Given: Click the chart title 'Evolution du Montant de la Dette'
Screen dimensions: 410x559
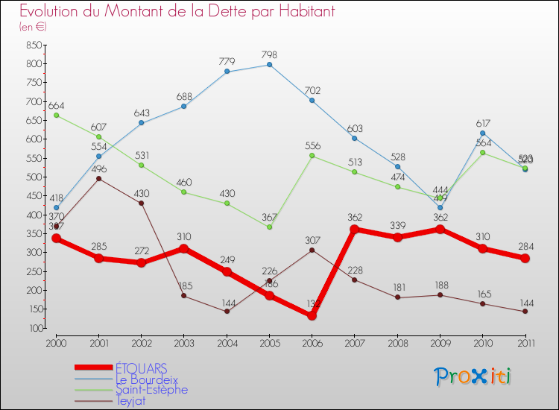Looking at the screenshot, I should (177, 12).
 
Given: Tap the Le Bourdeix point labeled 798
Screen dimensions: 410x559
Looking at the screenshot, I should (269, 65).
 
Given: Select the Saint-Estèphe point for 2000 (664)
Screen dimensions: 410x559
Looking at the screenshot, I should (56, 116).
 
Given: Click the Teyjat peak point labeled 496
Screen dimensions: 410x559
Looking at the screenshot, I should (98, 179).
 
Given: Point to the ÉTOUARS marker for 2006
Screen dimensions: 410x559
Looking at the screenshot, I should (312, 315).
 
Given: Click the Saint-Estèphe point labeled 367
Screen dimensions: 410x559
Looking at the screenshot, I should (269, 227).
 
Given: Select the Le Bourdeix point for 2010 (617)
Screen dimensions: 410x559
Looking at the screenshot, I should (482, 133).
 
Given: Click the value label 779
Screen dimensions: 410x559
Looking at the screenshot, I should (227, 61).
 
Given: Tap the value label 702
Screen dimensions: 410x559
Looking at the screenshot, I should (312, 90).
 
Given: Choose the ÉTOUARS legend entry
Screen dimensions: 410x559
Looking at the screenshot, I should (141, 368).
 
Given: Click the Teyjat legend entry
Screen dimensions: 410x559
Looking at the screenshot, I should (130, 400).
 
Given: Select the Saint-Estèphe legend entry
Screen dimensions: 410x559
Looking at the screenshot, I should (151, 389).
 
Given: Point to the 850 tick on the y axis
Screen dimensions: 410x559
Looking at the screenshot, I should (32, 45).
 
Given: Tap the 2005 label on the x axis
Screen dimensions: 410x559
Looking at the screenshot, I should (269, 342).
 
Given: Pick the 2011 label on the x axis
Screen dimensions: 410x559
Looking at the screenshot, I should (525, 342).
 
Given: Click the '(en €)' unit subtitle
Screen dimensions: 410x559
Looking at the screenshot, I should (34, 27).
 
